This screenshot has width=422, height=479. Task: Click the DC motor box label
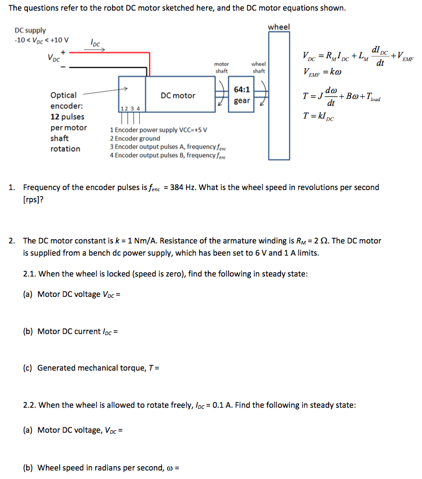point(178,95)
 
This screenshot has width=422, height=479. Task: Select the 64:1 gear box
point(241,95)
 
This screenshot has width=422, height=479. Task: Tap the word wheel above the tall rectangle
point(279,27)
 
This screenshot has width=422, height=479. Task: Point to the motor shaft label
point(222,67)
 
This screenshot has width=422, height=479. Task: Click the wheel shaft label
point(258,67)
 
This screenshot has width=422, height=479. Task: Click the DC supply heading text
point(30,30)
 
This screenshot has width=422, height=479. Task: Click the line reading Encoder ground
point(135,139)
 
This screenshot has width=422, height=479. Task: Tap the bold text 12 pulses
point(67,117)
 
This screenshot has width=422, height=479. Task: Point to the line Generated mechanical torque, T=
point(98,368)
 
